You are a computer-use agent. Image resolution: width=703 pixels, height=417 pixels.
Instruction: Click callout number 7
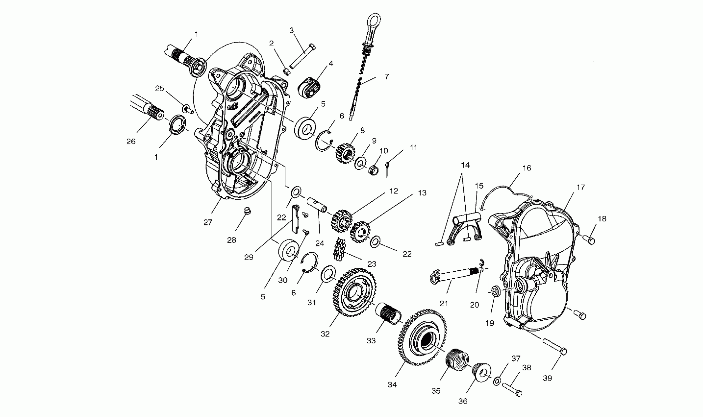point(386,77)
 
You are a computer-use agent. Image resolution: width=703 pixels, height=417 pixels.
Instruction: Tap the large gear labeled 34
point(422,340)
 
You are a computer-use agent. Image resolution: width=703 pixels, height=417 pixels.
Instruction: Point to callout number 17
point(581,187)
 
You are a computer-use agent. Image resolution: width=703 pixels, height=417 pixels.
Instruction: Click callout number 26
point(131,141)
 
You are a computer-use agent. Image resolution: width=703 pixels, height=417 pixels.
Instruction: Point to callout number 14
point(465,165)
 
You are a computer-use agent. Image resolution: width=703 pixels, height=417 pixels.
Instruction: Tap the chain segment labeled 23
point(339,249)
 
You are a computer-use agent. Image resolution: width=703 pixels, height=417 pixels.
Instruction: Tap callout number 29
point(249,257)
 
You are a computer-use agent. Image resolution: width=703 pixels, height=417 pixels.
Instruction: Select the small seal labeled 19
point(496,291)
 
